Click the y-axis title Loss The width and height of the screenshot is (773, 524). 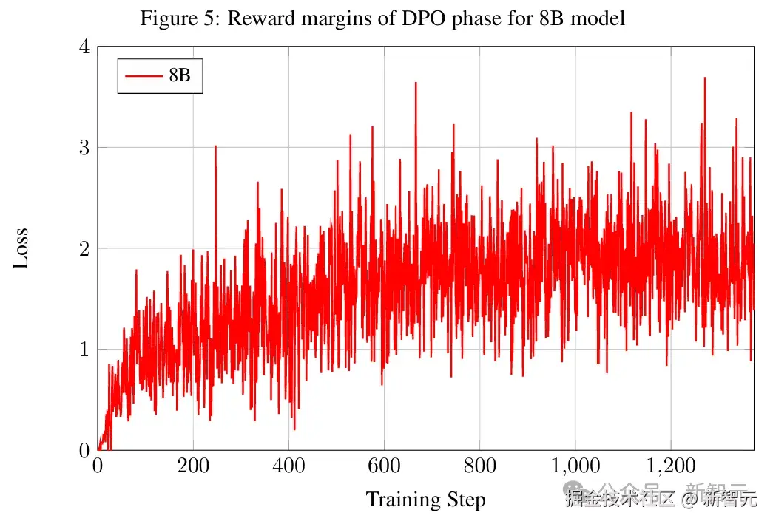[x=21, y=248]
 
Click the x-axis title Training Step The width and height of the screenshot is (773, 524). [x=425, y=500]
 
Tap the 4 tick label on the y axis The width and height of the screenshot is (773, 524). [x=84, y=47]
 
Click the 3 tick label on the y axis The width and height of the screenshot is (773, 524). [x=84, y=148]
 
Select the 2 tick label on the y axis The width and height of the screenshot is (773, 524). [x=84, y=248]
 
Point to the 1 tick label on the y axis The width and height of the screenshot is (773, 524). [x=84, y=349]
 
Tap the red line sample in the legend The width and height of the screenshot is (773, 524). [x=144, y=75]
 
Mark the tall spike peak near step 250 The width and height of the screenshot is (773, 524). [x=215, y=146]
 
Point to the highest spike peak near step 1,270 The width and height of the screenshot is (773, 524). [x=704, y=78]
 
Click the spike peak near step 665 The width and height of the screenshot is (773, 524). [x=416, y=83]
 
